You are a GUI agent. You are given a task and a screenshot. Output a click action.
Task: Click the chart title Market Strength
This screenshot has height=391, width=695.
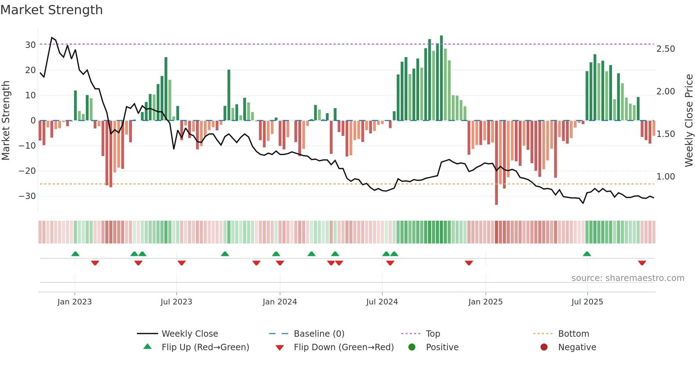(x=51, y=10)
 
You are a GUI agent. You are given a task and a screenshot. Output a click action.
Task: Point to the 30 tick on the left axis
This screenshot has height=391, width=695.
(x=30, y=45)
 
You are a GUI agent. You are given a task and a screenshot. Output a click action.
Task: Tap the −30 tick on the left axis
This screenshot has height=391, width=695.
(x=27, y=196)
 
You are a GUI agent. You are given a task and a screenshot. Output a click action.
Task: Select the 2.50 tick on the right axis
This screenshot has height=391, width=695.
(x=666, y=49)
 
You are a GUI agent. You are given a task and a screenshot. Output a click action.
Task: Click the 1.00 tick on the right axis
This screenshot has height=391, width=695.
(x=666, y=177)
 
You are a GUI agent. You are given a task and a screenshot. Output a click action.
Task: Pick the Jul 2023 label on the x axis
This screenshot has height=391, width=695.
(x=176, y=302)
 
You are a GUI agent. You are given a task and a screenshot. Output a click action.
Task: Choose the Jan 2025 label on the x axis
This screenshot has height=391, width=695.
(x=485, y=302)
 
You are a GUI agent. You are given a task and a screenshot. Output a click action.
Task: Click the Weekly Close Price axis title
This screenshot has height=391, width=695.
(x=689, y=121)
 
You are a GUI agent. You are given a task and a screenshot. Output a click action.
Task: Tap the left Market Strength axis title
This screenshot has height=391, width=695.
(x=6, y=121)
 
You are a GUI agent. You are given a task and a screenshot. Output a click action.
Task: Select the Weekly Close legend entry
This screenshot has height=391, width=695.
(x=190, y=334)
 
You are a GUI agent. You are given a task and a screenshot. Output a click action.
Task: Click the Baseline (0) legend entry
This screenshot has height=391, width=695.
(x=319, y=334)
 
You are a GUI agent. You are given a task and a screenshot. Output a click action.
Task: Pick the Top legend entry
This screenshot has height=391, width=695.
(x=433, y=334)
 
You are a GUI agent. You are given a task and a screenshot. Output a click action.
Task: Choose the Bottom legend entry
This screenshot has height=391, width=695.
(x=573, y=334)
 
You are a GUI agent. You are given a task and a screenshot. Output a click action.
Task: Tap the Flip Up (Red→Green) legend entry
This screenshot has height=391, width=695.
(x=205, y=347)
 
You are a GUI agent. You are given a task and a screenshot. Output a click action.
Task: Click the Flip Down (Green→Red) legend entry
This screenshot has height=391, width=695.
(x=344, y=347)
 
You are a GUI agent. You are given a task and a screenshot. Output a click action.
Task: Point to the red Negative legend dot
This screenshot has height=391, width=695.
(x=544, y=347)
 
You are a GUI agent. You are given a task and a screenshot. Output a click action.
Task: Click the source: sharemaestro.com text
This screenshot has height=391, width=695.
(x=628, y=278)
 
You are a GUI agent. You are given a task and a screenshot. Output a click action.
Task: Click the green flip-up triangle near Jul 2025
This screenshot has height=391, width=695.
(x=587, y=254)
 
